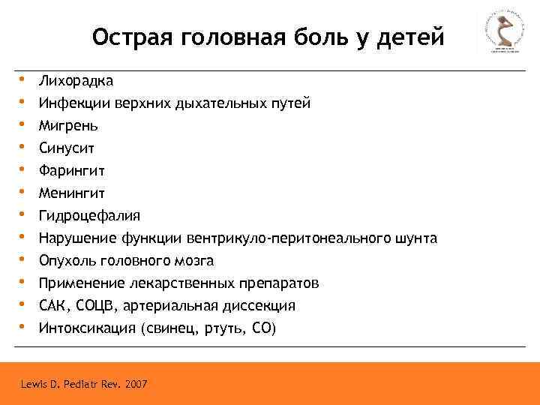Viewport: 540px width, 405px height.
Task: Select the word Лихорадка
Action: point(76,80)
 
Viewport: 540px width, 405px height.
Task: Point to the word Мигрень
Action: point(68,125)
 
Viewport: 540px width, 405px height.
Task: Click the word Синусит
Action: point(67,148)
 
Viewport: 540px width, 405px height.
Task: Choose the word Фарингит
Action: point(73,170)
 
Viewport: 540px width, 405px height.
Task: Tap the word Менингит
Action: point(73,193)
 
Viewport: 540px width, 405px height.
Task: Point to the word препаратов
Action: point(280,283)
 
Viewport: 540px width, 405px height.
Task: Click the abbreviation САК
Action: point(53,305)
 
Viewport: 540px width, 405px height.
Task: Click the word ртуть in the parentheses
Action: point(226,328)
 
